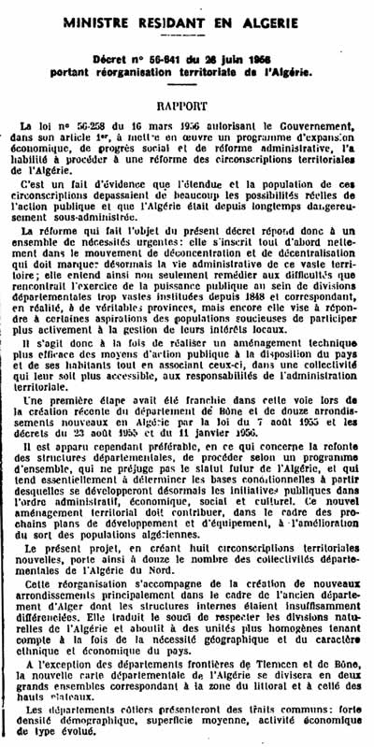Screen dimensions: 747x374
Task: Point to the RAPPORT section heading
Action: pyautogui.click(x=187, y=106)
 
